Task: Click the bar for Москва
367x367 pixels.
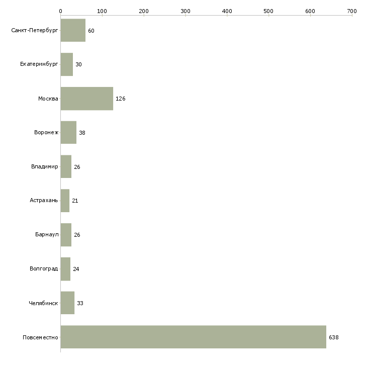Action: [86, 99]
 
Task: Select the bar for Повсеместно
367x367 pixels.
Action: [193, 337]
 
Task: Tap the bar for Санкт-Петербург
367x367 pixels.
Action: [73, 31]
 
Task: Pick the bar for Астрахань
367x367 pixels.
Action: [65, 201]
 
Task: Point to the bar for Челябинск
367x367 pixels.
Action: [67, 303]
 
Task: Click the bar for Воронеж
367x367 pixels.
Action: [68, 133]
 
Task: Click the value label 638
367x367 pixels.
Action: [333, 337]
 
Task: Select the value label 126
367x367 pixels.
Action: [120, 99]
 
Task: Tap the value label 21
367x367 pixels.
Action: [75, 201]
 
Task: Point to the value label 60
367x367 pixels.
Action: [91, 31]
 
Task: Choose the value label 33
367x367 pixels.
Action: [80, 304]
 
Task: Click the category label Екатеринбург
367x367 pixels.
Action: [39, 64]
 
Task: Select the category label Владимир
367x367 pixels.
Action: [44, 166]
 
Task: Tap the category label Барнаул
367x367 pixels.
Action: [47, 235]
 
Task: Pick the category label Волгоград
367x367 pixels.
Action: [44, 269]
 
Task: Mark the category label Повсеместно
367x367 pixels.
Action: [40, 337]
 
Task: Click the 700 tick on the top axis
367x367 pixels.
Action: [352, 11]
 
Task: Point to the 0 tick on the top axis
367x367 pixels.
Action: [60, 11]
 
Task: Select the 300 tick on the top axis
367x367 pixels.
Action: [186, 11]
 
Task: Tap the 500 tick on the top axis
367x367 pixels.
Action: [269, 11]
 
